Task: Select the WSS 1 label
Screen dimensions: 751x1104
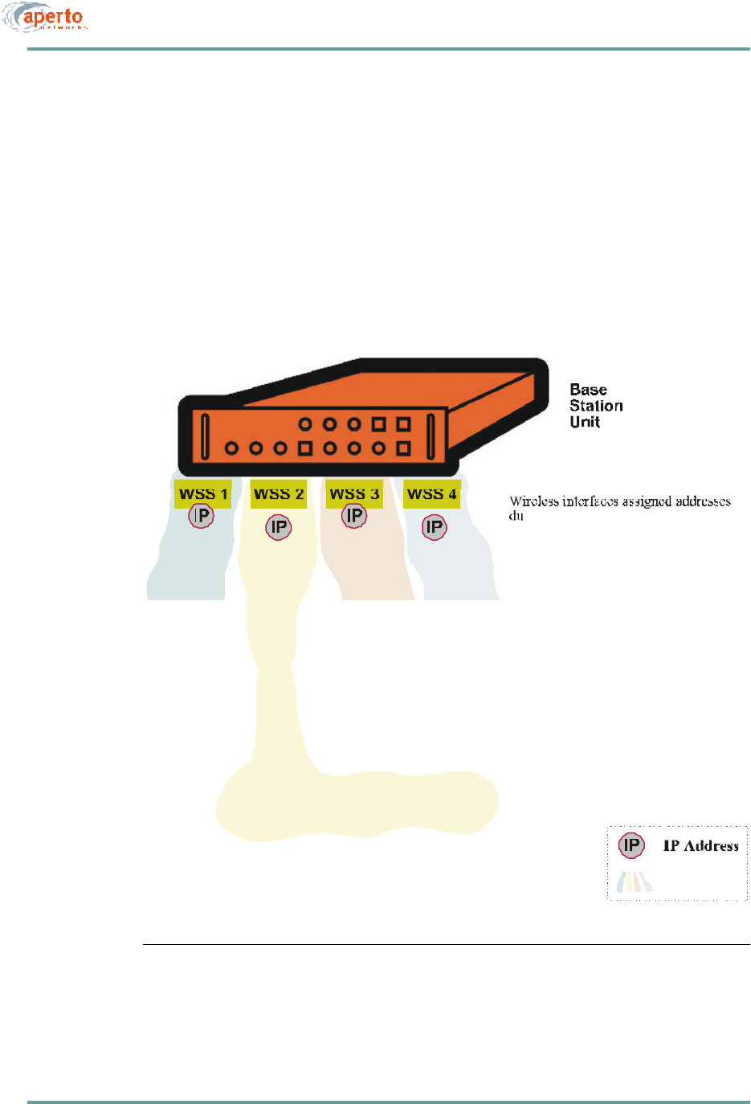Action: pyautogui.click(x=203, y=494)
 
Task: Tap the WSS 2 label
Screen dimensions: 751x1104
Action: pyautogui.click(x=279, y=494)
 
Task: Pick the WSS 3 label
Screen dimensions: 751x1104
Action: pyautogui.click(x=354, y=494)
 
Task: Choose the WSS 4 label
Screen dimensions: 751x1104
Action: pyautogui.click(x=431, y=494)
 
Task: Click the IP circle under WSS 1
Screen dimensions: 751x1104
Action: pyautogui.click(x=201, y=516)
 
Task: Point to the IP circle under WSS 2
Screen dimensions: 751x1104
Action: pyautogui.click(x=279, y=528)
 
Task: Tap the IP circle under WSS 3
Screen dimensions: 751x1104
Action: pyautogui.click(x=354, y=516)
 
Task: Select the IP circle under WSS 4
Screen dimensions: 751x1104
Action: pyautogui.click(x=435, y=528)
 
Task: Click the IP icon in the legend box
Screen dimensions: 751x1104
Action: pyautogui.click(x=632, y=845)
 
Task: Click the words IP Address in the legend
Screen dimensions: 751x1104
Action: pyautogui.click(x=700, y=846)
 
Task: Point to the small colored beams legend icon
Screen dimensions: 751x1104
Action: pyautogui.click(x=635, y=882)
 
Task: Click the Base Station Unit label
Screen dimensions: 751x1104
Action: pyautogui.click(x=596, y=406)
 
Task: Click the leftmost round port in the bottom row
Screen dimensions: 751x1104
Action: pyautogui.click(x=231, y=448)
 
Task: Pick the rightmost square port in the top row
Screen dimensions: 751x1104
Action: pyautogui.click(x=403, y=423)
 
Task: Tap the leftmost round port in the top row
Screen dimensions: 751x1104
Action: pyautogui.click(x=305, y=423)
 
